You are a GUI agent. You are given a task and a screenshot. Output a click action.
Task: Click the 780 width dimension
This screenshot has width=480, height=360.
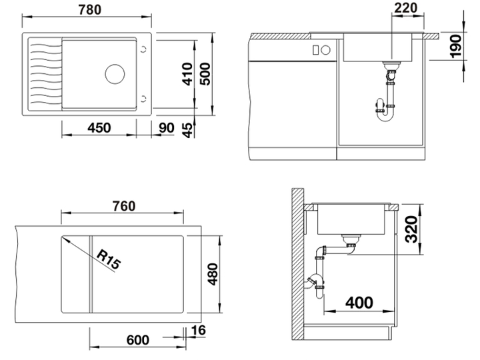[x=90, y=9]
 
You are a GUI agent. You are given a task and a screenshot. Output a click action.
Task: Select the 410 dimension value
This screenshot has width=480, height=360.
[x=187, y=74]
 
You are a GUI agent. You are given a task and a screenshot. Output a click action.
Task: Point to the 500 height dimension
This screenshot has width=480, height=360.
[x=205, y=74]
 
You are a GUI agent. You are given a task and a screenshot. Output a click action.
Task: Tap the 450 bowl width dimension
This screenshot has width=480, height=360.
[x=99, y=127]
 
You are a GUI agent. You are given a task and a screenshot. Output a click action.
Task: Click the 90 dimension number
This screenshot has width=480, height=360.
[x=167, y=128]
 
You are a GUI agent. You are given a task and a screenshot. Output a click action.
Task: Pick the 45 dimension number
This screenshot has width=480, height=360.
[x=188, y=130]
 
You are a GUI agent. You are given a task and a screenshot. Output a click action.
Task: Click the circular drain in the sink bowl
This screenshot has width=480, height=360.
[x=115, y=74]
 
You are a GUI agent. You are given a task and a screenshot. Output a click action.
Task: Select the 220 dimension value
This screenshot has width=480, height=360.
[x=406, y=8]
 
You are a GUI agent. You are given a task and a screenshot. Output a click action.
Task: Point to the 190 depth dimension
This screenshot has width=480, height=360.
[x=457, y=47]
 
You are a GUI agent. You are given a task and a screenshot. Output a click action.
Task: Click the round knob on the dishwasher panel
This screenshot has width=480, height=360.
[x=326, y=49]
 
